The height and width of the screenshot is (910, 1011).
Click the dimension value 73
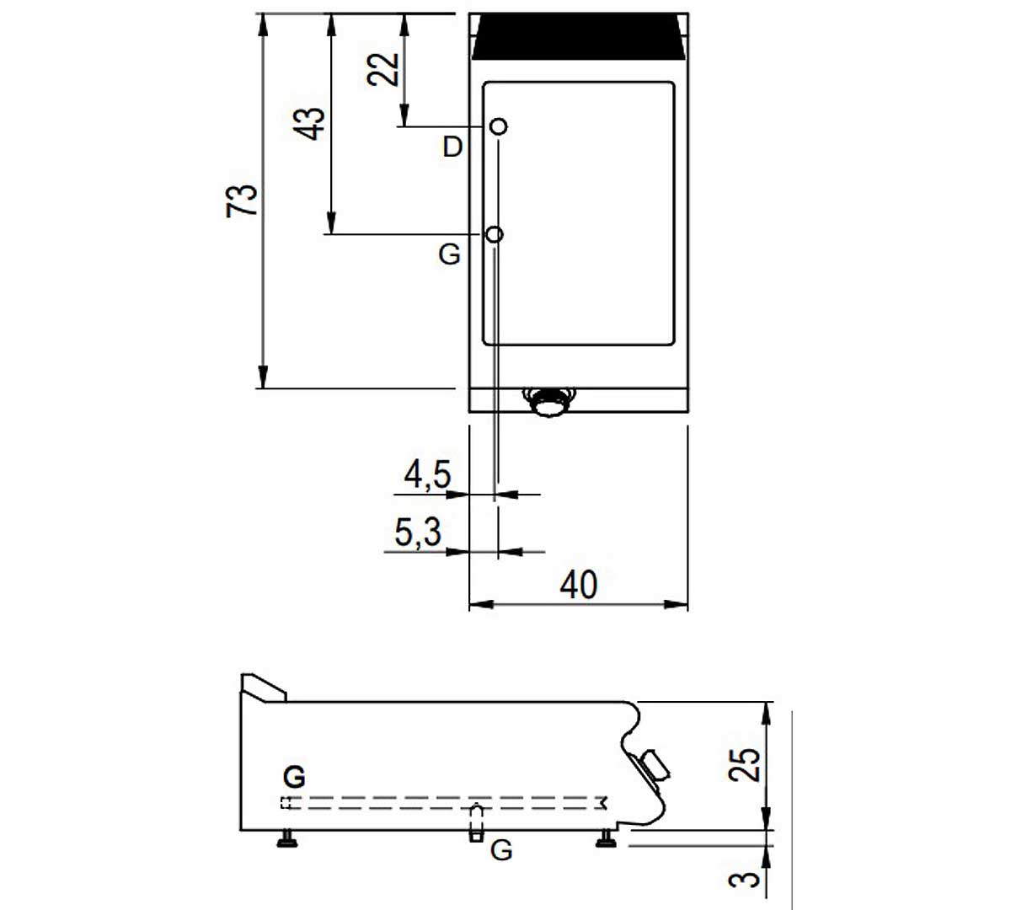pyautogui.click(x=242, y=201)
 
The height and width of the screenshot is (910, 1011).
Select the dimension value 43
pyautogui.click(x=309, y=124)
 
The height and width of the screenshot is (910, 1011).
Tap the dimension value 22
pyautogui.click(x=382, y=70)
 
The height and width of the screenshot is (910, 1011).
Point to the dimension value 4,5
pyautogui.click(x=427, y=474)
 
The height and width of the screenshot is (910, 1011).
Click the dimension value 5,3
pyautogui.click(x=418, y=533)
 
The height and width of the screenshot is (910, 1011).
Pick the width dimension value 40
pyautogui.click(x=579, y=585)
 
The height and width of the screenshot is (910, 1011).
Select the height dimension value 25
pyautogui.click(x=744, y=765)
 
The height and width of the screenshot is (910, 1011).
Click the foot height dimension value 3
pyautogui.click(x=744, y=880)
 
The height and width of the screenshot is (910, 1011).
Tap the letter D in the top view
pyautogui.click(x=452, y=147)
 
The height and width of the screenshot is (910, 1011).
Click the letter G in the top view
pyautogui.click(x=449, y=254)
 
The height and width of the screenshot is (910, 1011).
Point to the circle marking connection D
pyautogui.click(x=499, y=126)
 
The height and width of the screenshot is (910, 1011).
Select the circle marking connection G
pyautogui.click(x=495, y=234)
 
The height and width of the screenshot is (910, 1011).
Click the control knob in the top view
pyautogui.click(x=549, y=402)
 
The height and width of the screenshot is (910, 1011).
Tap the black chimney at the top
pyautogui.click(x=579, y=36)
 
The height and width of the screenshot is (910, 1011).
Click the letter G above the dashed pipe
pyautogui.click(x=294, y=777)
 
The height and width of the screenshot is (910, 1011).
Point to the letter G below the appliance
pyautogui.click(x=501, y=850)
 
